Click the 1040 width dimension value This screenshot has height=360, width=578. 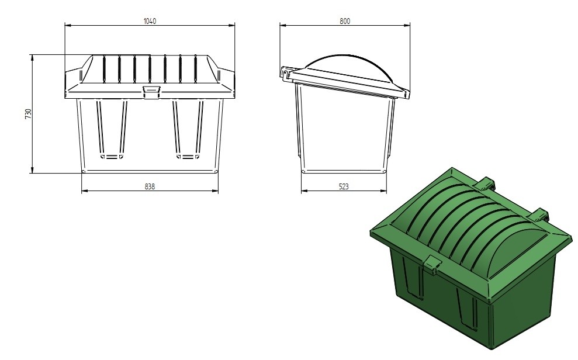click(150, 21)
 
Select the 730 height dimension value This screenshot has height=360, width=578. click(29, 114)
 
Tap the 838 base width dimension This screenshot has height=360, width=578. click(150, 186)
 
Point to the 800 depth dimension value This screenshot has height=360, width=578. click(345, 21)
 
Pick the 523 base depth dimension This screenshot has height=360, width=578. click(344, 186)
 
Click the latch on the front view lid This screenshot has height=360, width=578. click(151, 92)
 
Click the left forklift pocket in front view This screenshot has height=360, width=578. click(112, 129)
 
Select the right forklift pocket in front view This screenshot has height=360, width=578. click(188, 129)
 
